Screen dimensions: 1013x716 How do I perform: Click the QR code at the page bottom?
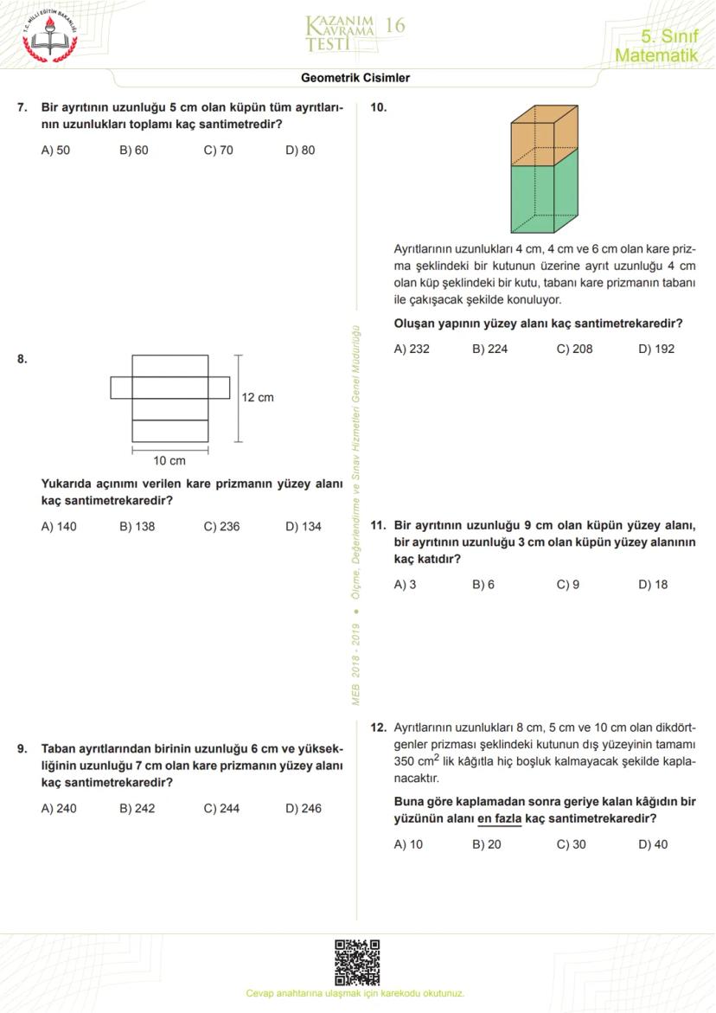357,963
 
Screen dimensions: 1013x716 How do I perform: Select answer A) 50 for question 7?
56,150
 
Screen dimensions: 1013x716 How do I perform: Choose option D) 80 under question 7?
300,150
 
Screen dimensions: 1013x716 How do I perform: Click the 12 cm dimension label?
258,397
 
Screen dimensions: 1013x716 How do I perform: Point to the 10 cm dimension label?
169,460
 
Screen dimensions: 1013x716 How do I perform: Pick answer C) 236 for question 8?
221,526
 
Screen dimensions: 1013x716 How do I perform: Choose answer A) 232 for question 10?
412,349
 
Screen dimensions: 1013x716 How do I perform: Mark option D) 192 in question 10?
656,349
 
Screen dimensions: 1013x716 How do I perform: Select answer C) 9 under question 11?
568,584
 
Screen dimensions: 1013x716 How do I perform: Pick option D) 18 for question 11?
653,584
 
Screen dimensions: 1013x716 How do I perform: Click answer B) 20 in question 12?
487,843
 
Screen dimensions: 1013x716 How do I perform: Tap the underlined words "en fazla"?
499,817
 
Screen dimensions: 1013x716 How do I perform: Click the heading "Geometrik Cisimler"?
355,78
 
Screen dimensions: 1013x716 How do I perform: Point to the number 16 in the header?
394,25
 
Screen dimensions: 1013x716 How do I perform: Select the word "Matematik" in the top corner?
655,55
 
